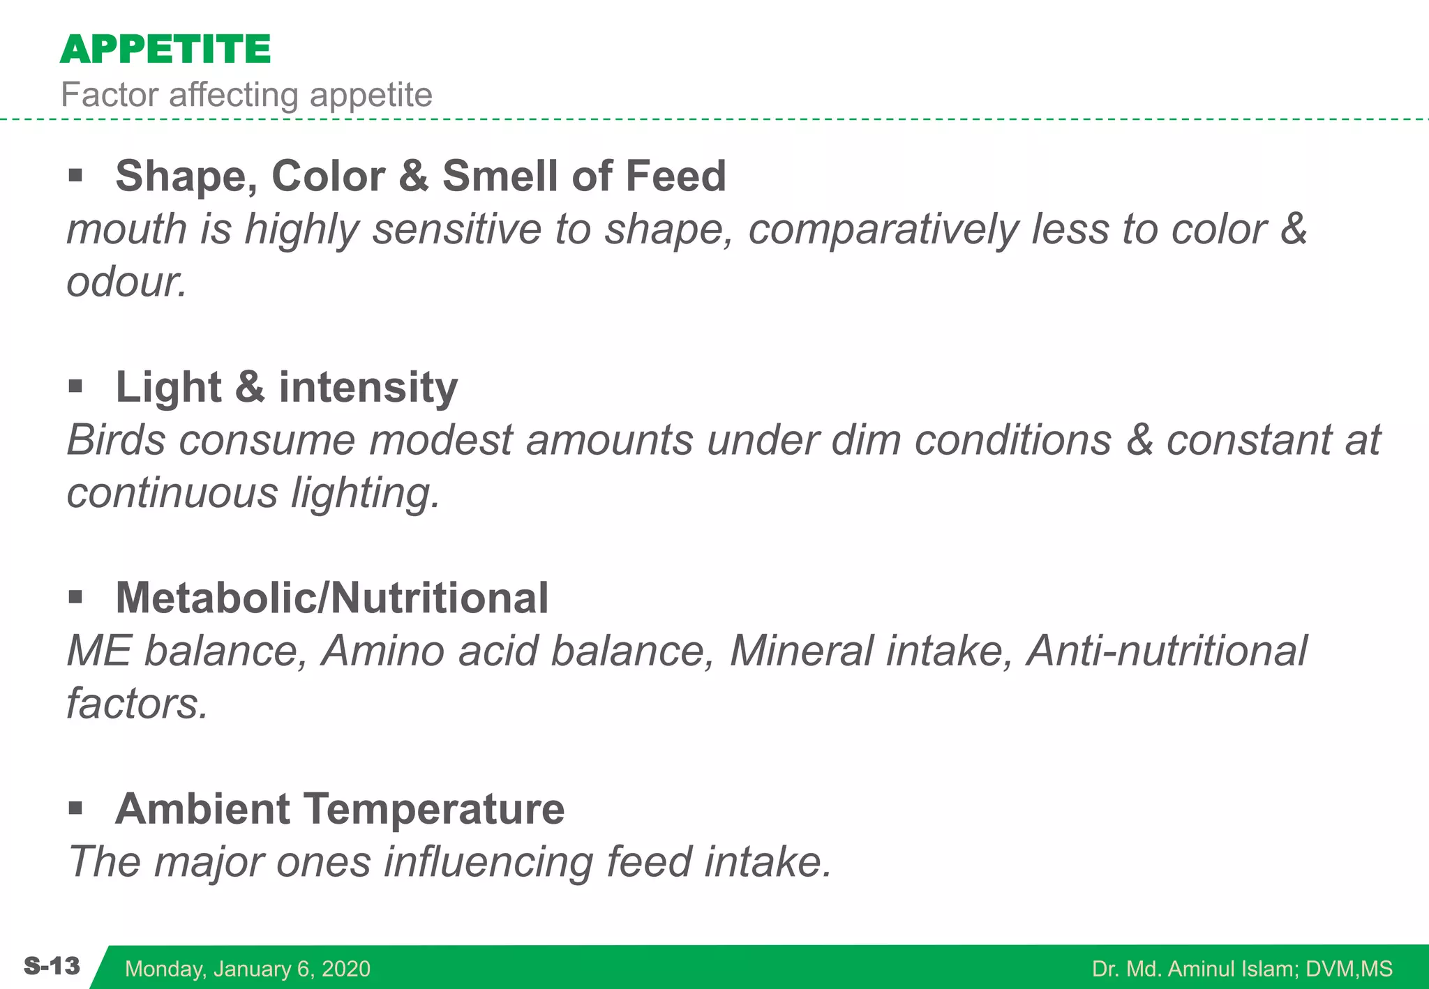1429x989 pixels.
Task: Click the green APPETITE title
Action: pyautogui.click(x=165, y=50)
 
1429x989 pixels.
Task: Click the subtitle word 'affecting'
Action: pyautogui.click(x=235, y=95)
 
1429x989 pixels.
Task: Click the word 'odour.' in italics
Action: pyautogui.click(x=126, y=282)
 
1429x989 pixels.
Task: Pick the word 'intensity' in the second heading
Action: pyautogui.click(x=368, y=387)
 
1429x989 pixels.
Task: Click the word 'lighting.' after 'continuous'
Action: pyautogui.click(x=366, y=493)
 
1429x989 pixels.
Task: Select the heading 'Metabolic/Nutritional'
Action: pyautogui.click(x=332, y=598)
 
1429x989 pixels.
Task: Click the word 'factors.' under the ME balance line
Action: pyautogui.click(x=137, y=704)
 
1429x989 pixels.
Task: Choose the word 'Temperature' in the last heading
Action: pyautogui.click(x=434, y=809)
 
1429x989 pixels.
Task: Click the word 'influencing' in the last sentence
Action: pyautogui.click(x=488, y=861)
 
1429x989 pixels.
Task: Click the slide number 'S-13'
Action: pyautogui.click(x=52, y=967)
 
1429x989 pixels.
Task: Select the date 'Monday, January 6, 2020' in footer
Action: pyautogui.click(x=248, y=969)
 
